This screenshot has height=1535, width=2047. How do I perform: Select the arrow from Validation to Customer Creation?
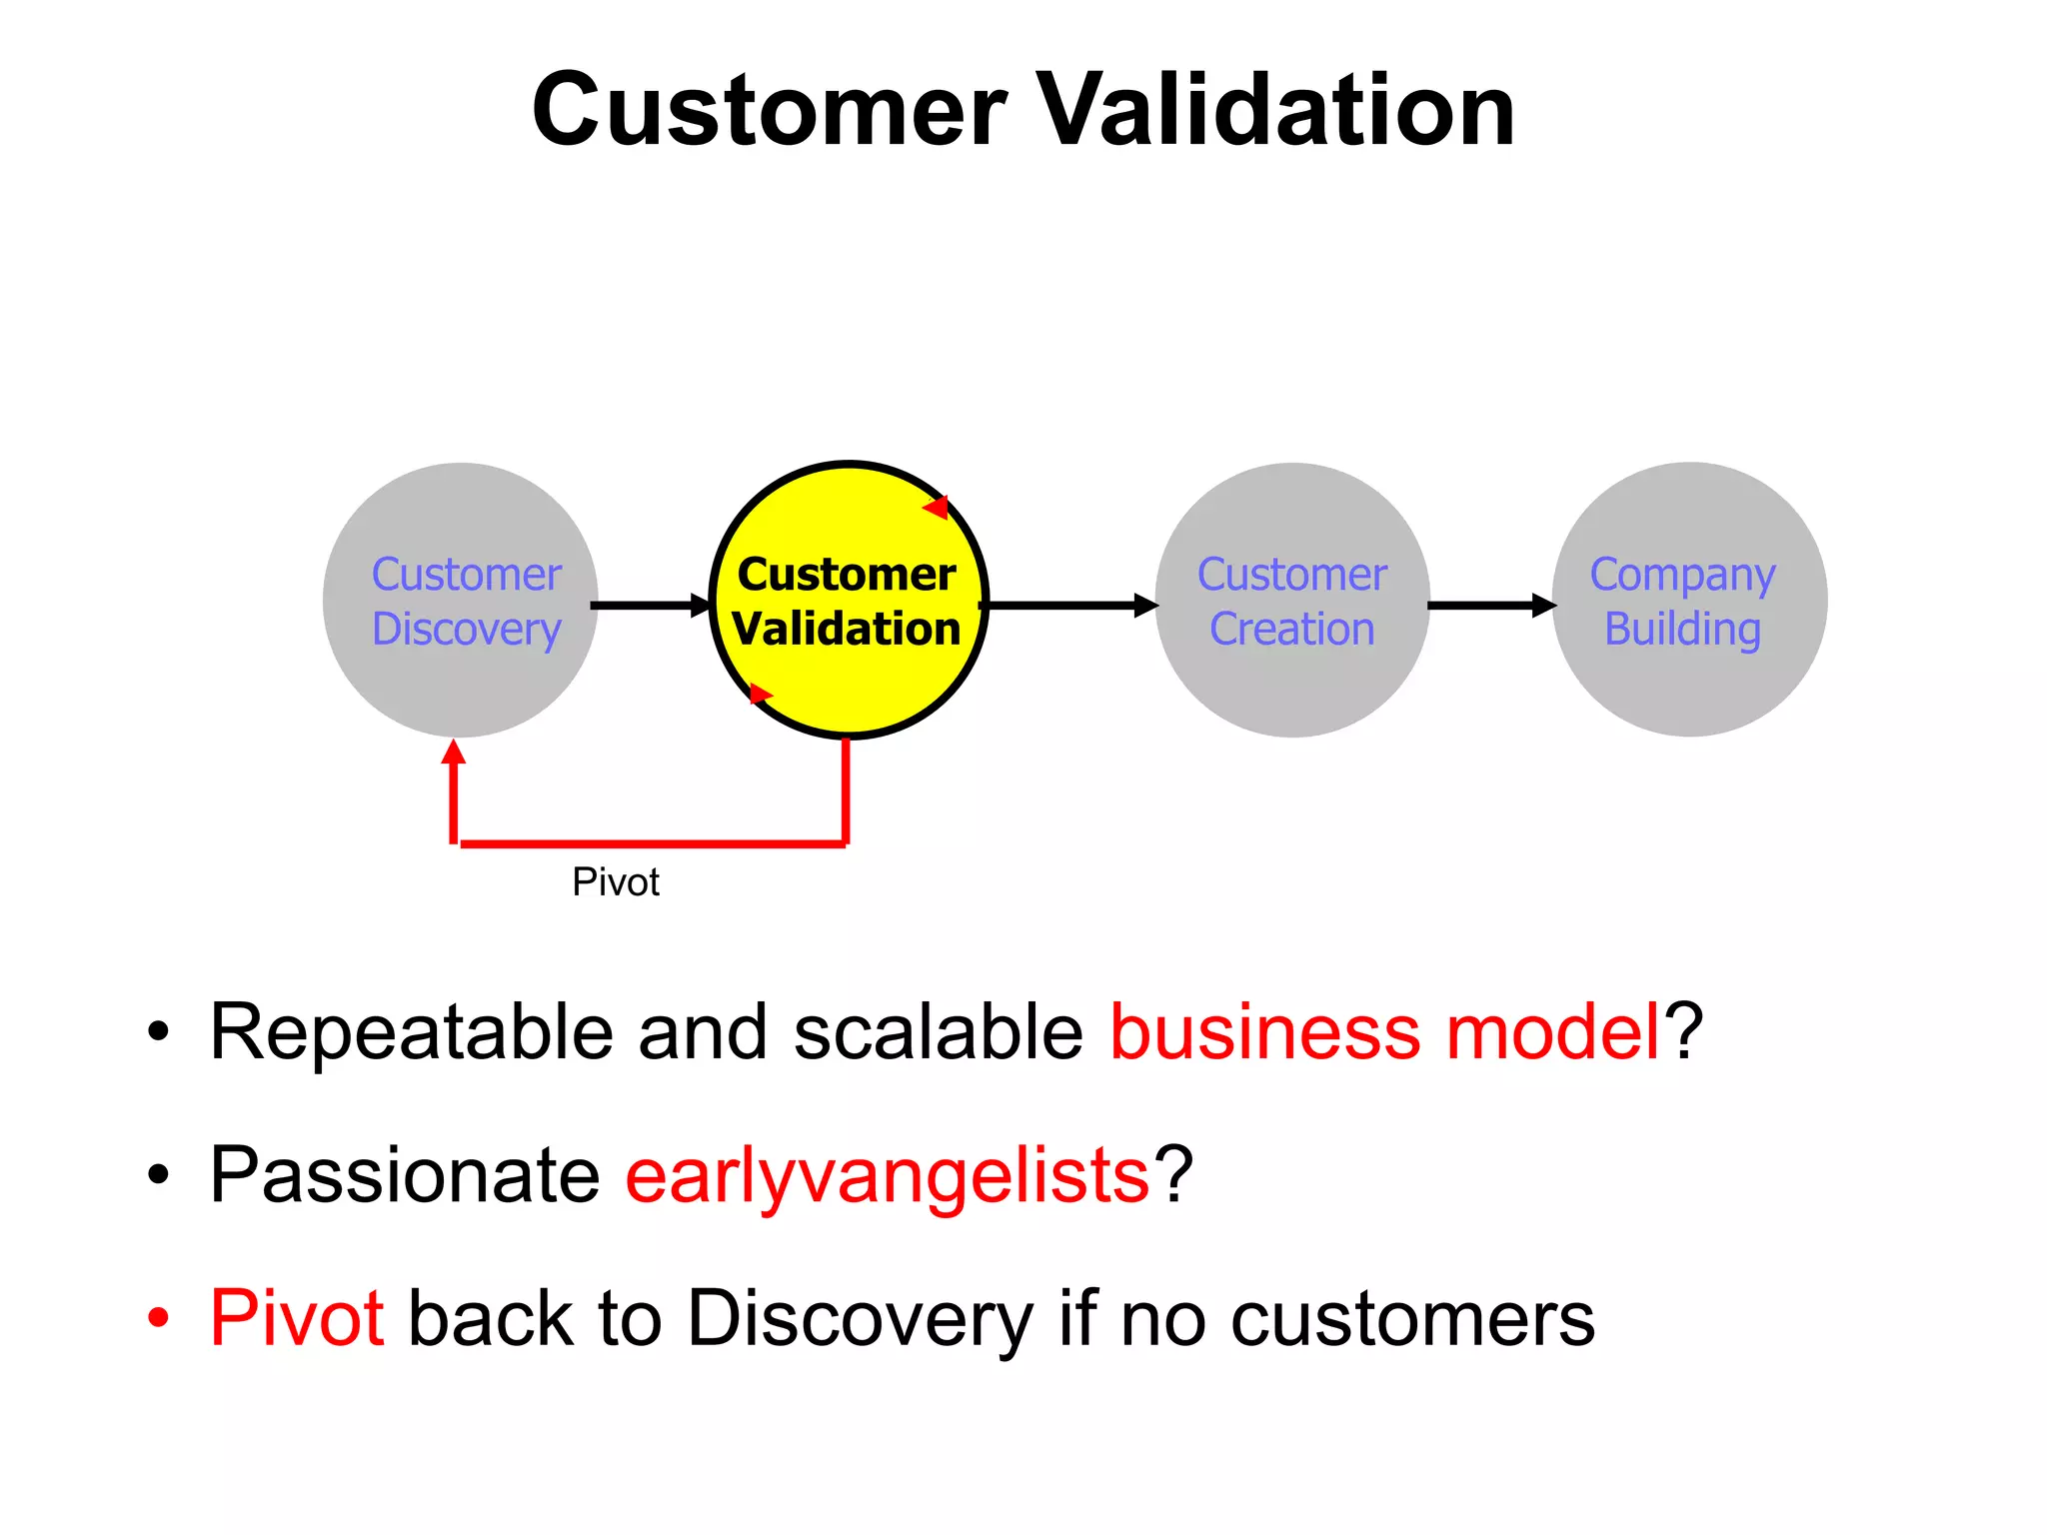point(1069,605)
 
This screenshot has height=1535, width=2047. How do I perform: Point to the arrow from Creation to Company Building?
point(1489,605)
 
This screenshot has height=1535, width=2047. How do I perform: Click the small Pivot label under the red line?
point(616,882)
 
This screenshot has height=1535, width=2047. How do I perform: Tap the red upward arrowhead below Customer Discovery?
point(454,753)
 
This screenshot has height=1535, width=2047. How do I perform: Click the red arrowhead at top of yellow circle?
point(937,508)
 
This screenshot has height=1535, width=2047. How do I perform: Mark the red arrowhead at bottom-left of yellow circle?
point(760,694)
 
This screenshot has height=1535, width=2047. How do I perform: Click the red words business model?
point(1384,1031)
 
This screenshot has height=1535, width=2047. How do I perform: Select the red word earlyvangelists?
point(888,1175)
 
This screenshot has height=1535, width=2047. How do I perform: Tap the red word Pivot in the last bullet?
point(297,1318)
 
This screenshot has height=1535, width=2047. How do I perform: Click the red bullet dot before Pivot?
point(158,1318)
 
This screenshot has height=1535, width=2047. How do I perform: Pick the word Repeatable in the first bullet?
point(411,1031)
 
